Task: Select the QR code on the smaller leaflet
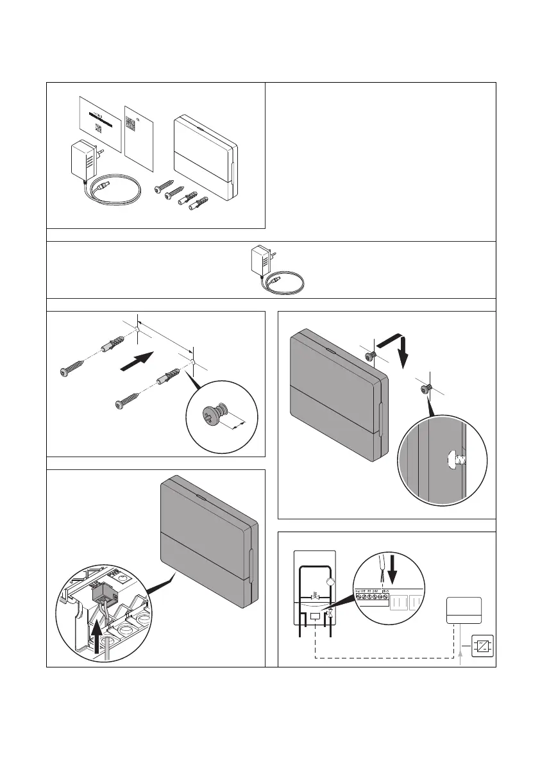131,124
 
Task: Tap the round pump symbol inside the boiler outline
330,582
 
